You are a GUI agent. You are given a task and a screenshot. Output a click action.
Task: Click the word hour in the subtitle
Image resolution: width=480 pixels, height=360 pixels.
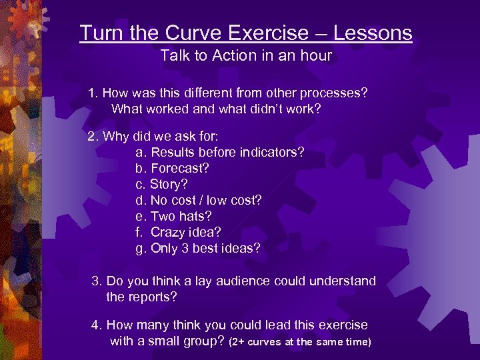coord(315,55)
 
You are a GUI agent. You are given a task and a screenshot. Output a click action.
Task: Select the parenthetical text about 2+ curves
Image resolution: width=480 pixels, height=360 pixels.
coord(299,342)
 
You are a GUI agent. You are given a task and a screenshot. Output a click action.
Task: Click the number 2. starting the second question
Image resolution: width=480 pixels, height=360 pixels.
coord(93,136)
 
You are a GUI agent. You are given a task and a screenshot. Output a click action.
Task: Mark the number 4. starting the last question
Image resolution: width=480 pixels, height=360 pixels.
coord(97,325)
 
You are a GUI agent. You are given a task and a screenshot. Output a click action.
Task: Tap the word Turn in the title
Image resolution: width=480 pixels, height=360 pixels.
coord(97,33)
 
